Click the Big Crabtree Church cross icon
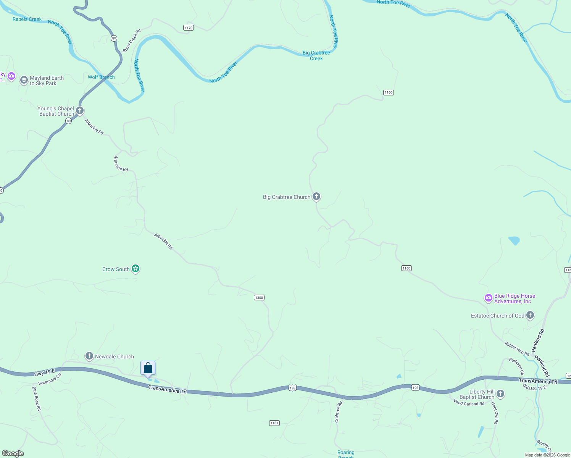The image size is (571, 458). [x=316, y=197]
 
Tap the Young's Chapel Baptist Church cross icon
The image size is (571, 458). [x=80, y=111]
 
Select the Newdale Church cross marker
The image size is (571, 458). [x=89, y=356]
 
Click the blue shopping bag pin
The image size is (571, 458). [x=148, y=368]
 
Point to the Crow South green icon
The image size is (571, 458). [x=135, y=269]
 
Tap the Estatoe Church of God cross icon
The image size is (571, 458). [x=530, y=315]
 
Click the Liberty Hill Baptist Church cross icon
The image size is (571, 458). [x=500, y=394]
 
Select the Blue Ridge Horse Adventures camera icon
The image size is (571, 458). [x=488, y=298]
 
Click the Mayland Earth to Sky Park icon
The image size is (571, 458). [x=24, y=80]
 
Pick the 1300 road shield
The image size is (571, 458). [x=259, y=297]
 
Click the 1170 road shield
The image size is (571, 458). [x=189, y=27]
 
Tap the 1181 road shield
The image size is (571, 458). [x=274, y=423]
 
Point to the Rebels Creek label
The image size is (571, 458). [x=27, y=19]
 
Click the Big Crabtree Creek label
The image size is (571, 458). [x=316, y=55]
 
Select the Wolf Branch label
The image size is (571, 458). [x=101, y=77]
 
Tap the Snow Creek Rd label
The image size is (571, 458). [x=132, y=40]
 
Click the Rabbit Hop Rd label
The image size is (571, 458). [x=517, y=348]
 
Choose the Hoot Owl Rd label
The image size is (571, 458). [x=495, y=413]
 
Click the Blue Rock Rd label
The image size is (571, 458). [x=37, y=398]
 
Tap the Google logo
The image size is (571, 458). [x=13, y=453]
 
